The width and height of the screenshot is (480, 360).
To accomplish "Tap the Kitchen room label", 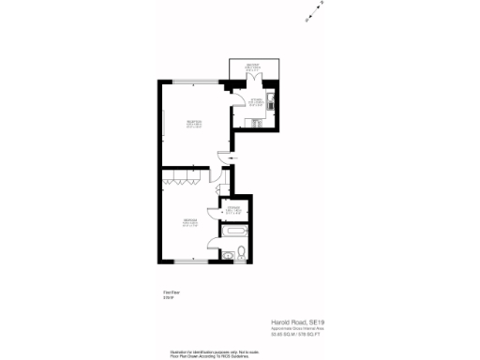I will point(256,102).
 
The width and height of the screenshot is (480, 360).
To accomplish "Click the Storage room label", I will point(234,209).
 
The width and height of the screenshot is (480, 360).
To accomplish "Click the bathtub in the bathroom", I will point(234,229).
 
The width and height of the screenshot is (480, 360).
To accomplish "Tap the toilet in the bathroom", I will point(241,251).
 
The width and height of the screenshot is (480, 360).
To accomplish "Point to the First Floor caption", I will point(170,293).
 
